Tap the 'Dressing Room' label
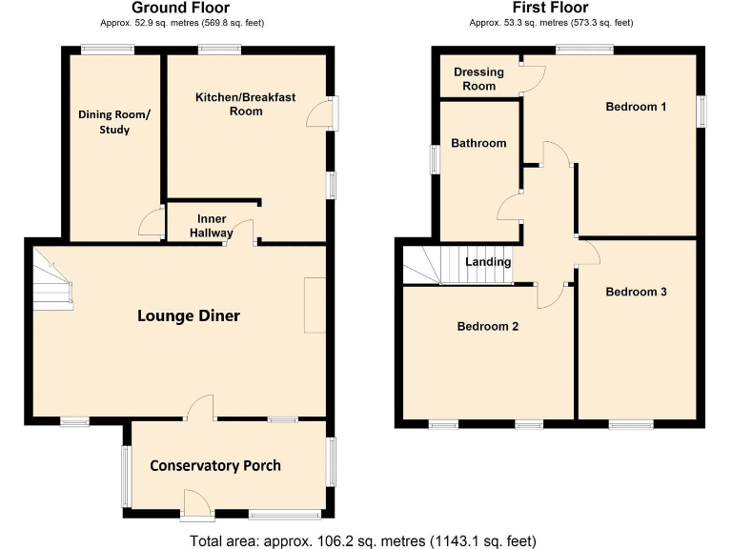[478, 79]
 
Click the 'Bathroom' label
[478, 143]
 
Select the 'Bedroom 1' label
[636, 107]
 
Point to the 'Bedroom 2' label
[488, 326]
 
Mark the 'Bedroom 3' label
[636, 292]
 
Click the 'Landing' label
[488, 262]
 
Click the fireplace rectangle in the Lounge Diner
[314, 305]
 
